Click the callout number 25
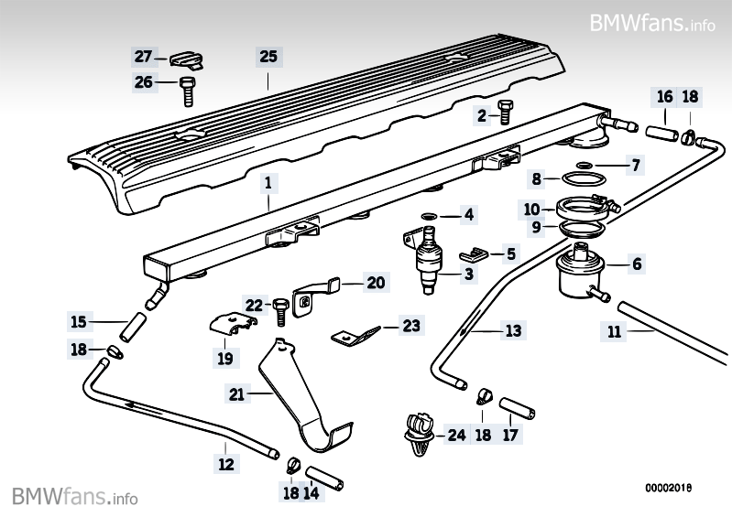(268, 57)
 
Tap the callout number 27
(143, 57)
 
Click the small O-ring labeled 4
(429, 216)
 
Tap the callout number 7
(634, 166)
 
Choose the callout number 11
(615, 333)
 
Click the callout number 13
(513, 329)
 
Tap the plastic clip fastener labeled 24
(417, 434)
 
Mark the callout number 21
(236, 394)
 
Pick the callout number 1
(268, 183)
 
